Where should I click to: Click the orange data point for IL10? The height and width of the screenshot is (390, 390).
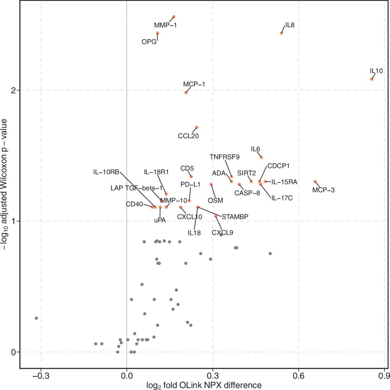click(372, 79)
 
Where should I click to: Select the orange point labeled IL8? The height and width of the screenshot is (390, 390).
click(281, 33)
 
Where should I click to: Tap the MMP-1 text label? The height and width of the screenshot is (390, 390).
click(165, 25)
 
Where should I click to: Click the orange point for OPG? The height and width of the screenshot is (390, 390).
click(157, 33)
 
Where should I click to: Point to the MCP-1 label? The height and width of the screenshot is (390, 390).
click(194, 84)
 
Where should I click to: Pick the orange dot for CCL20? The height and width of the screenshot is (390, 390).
click(197, 127)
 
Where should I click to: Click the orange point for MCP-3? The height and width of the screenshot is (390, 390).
click(315, 182)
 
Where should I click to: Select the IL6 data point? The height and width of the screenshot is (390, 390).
click(261, 157)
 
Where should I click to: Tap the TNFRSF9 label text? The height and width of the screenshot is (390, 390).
click(225, 157)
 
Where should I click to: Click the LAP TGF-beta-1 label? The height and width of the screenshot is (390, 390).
click(137, 188)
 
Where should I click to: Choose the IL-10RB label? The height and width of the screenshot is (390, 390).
click(106, 172)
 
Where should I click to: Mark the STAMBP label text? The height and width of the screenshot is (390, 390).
click(235, 217)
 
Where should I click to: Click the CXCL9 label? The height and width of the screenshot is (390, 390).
click(222, 233)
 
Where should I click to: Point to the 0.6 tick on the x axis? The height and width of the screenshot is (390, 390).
click(299, 376)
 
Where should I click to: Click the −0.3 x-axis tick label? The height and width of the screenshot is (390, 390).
click(41, 376)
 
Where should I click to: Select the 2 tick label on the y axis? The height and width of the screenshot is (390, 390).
click(14, 90)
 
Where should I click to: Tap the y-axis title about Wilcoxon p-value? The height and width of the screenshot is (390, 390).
click(5, 184)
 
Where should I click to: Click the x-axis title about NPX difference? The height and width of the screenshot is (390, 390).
click(204, 385)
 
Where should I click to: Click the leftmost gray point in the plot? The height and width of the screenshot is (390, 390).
click(36, 318)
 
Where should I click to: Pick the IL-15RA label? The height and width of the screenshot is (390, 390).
click(284, 182)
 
